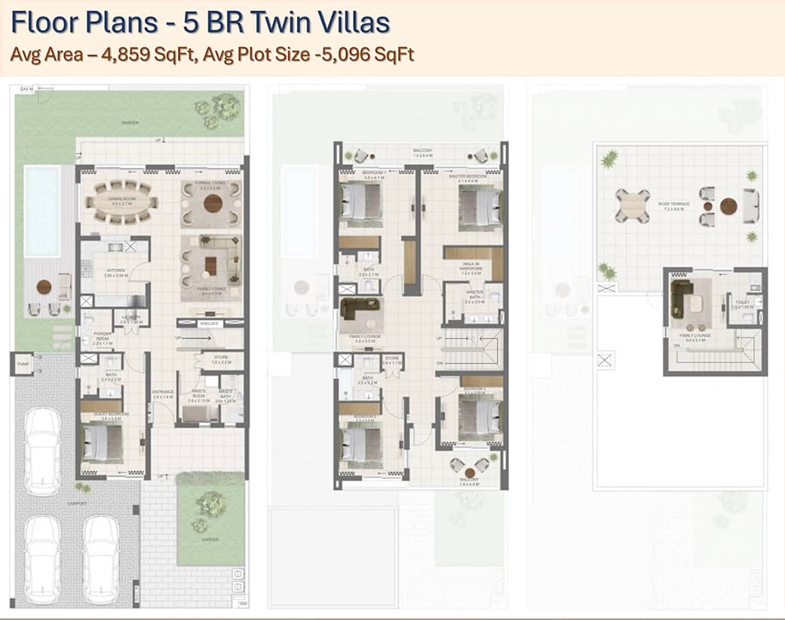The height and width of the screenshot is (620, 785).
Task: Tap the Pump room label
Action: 22,364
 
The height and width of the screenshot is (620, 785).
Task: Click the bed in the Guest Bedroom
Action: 102,443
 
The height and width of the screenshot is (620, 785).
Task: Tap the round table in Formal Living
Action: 213,203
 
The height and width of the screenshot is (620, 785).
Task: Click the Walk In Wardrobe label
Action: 471,266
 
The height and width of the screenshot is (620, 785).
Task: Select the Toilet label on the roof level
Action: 738,303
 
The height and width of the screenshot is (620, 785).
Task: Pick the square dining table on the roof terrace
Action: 631,204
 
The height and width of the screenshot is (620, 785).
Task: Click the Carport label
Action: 77,503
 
